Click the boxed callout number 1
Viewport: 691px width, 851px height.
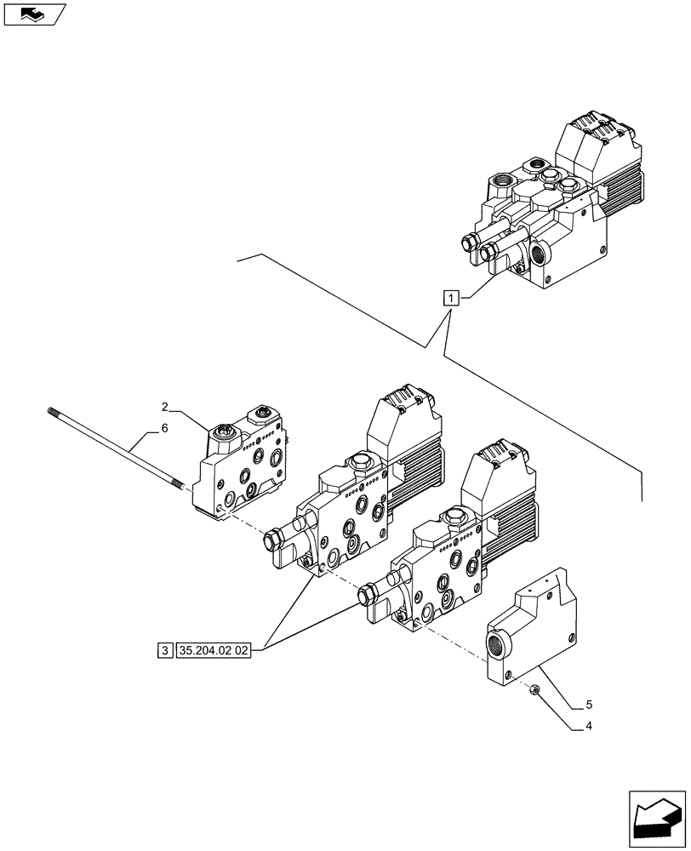[x=451, y=298]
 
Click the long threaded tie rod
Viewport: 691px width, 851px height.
[x=119, y=447]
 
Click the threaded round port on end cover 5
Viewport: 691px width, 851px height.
[x=496, y=645]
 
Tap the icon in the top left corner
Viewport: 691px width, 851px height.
[x=33, y=14]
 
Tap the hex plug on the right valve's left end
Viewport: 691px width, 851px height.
[x=369, y=595]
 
